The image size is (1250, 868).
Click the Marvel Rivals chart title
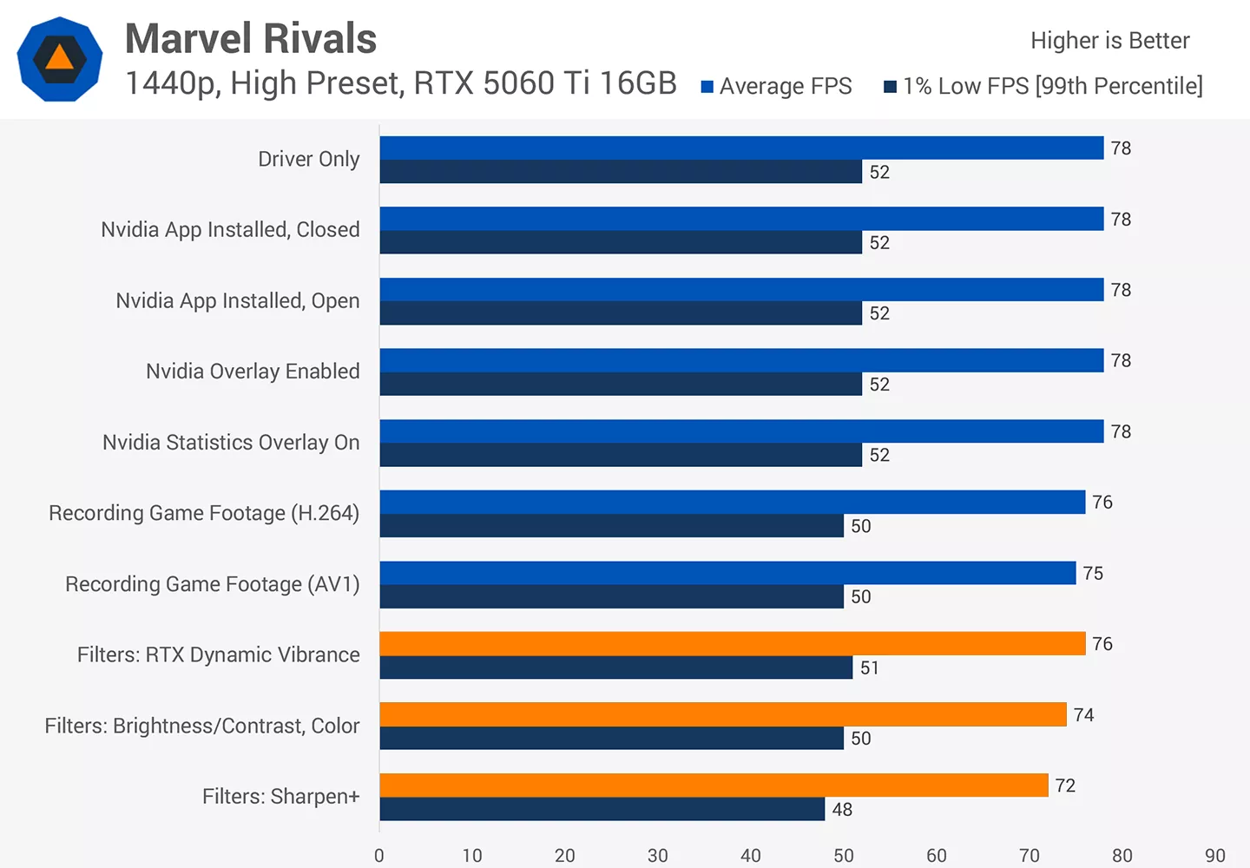[x=251, y=38]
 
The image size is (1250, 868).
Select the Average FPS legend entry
[x=776, y=86]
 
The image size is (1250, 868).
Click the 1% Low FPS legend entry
[x=1043, y=86]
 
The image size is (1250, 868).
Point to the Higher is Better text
[x=1110, y=41]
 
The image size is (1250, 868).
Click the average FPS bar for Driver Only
[x=741, y=148]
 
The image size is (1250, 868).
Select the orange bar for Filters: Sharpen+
[x=714, y=785]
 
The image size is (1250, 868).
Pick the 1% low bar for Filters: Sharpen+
[x=602, y=809]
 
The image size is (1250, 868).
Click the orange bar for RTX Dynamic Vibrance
[x=733, y=643]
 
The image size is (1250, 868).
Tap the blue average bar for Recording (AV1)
[x=727, y=573]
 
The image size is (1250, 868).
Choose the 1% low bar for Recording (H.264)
[x=612, y=525]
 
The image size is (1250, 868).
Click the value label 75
[x=1093, y=574]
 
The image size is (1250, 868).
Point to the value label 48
[x=842, y=810]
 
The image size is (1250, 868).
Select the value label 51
[x=870, y=667]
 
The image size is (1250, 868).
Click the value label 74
[x=1083, y=715]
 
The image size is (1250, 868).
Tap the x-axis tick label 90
[x=1215, y=856]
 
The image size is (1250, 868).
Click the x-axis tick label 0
[x=378, y=856]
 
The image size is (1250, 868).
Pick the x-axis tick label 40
[x=751, y=856]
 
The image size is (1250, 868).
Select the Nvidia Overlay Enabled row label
[x=253, y=372]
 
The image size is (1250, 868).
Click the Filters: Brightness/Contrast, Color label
[x=202, y=726]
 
